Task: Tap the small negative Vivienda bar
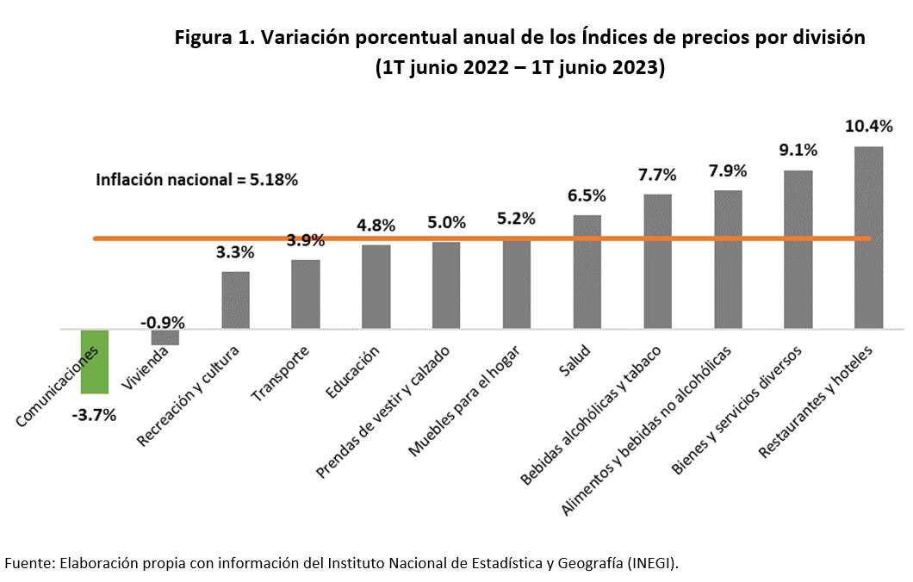point(165,337)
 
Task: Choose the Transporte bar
point(306,294)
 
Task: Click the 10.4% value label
point(868,126)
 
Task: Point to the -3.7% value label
point(94,415)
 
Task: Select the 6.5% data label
point(587,195)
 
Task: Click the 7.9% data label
point(728,170)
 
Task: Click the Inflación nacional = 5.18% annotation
point(197,180)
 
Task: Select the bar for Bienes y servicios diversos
point(798,250)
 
